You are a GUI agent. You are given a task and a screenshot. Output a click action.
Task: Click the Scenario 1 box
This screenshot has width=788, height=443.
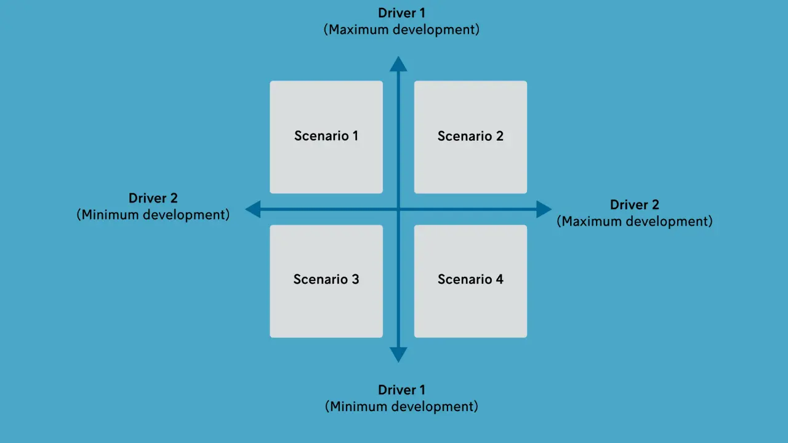326,137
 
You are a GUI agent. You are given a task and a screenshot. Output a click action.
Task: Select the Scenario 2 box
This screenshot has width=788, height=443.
470,137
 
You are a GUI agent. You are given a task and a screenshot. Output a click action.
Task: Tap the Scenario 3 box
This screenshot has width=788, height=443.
326,281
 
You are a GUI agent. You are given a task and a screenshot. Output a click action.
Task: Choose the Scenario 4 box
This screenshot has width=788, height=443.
470,281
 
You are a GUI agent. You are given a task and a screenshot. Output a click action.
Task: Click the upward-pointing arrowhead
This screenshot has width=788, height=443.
398,64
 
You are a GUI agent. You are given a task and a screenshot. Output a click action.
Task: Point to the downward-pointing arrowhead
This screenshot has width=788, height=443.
398,354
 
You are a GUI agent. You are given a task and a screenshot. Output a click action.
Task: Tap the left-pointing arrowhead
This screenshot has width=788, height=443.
253,209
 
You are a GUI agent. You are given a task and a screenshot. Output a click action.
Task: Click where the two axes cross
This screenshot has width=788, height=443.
398,209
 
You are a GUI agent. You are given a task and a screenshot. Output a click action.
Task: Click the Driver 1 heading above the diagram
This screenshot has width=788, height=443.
401,13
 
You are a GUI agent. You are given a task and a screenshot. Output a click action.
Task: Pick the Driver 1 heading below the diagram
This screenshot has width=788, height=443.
401,390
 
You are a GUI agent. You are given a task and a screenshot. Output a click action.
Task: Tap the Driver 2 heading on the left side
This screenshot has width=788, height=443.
153,198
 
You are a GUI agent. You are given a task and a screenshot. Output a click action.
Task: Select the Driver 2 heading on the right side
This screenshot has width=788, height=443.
634,205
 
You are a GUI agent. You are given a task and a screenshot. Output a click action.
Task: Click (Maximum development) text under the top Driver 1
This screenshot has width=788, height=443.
401,30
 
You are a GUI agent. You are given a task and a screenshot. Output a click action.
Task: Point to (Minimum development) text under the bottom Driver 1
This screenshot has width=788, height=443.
401,407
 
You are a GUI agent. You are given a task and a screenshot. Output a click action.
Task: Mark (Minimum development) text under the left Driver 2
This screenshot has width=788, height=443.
153,215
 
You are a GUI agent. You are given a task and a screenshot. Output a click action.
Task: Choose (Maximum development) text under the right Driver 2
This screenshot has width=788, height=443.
634,221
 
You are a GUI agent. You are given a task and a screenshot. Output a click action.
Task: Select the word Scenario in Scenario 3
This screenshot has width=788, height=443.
316,279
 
